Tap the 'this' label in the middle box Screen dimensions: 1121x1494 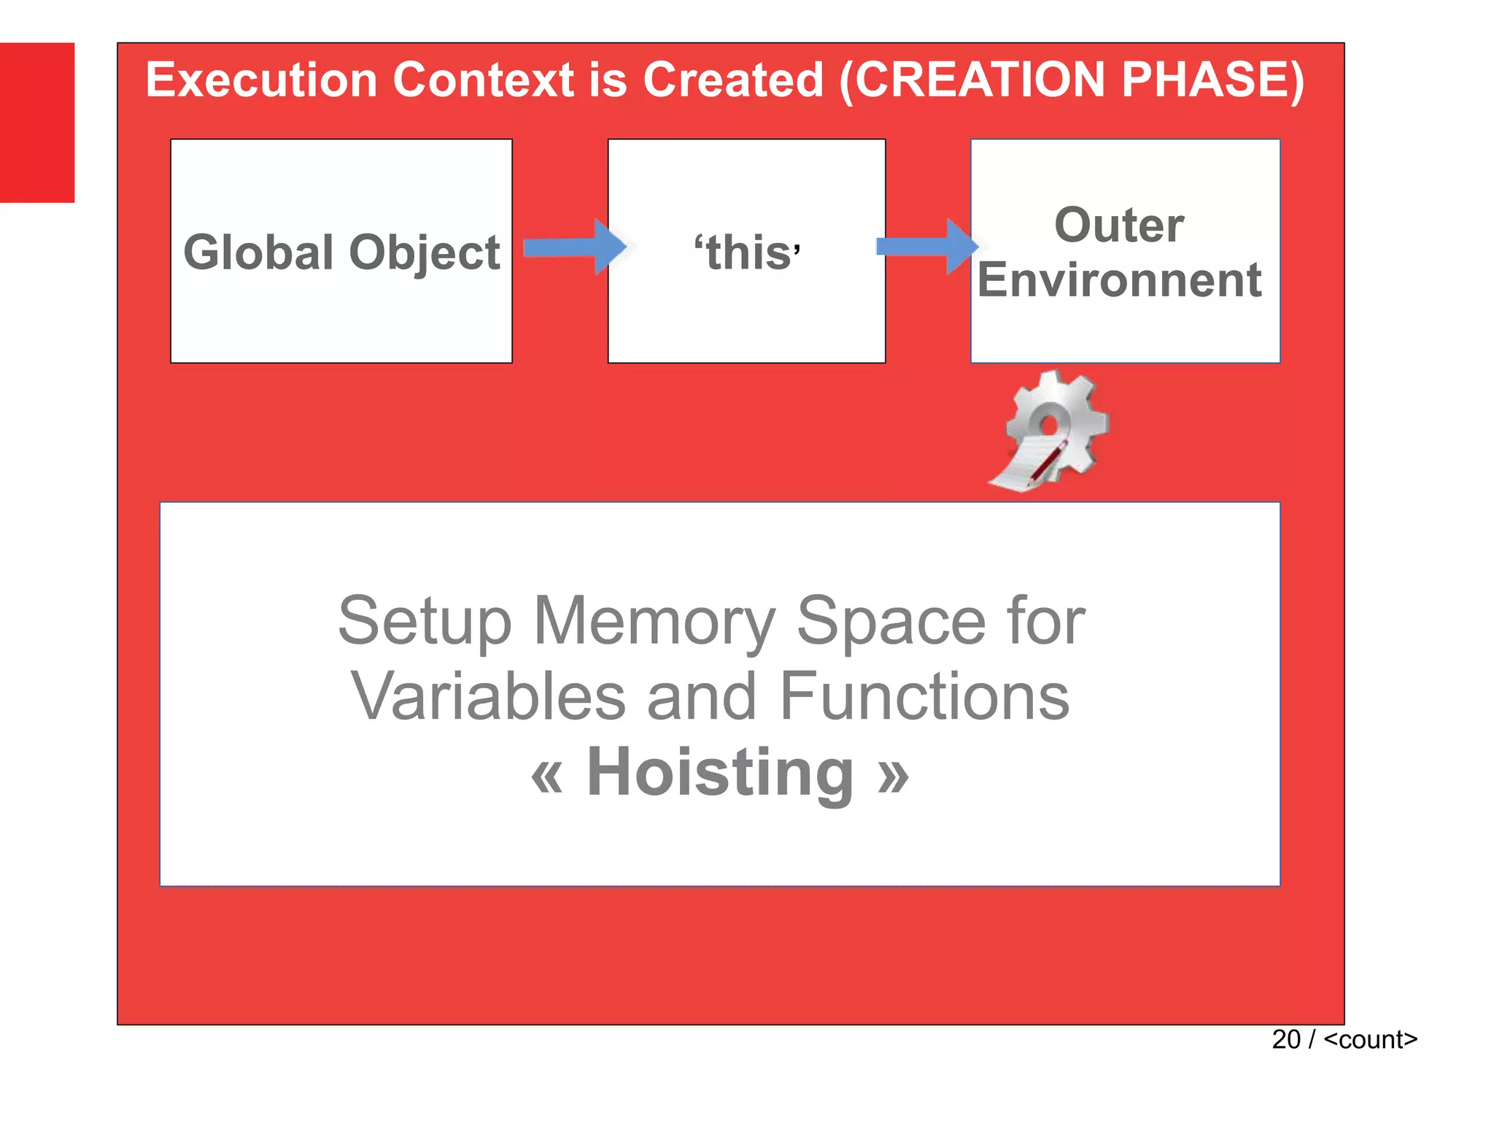[747, 253]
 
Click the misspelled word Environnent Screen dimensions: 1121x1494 [1119, 280]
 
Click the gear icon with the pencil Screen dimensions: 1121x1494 [1051, 431]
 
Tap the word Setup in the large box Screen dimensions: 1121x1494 [425, 622]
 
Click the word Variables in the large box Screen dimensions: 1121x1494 [488, 696]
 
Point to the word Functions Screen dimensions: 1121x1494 [924, 696]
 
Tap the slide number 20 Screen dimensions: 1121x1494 [1286, 1039]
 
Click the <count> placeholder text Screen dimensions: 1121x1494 [1370, 1039]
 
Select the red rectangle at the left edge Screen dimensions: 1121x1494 [36, 123]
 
